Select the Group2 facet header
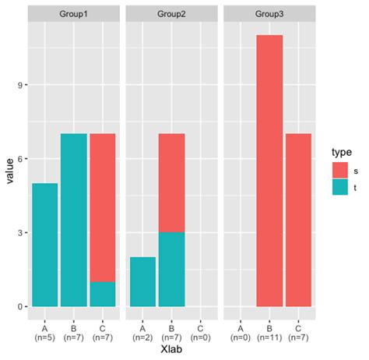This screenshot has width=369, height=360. point(172,14)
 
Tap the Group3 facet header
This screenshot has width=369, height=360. point(269,14)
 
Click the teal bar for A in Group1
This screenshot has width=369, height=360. point(44,245)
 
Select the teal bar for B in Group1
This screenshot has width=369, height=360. point(73,220)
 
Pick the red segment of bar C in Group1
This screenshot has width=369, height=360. point(103,207)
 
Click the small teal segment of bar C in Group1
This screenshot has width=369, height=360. point(103,294)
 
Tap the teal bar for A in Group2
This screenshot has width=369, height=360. point(142,281)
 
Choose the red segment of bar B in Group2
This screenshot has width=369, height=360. point(172,183)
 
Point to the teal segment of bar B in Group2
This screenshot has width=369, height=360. point(172,269)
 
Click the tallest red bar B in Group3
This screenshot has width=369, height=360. point(269,171)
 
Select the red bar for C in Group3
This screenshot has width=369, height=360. point(298,220)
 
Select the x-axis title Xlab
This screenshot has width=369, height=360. point(172,351)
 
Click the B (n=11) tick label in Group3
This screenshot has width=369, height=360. point(269,334)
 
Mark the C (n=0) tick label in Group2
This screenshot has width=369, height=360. point(201,334)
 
